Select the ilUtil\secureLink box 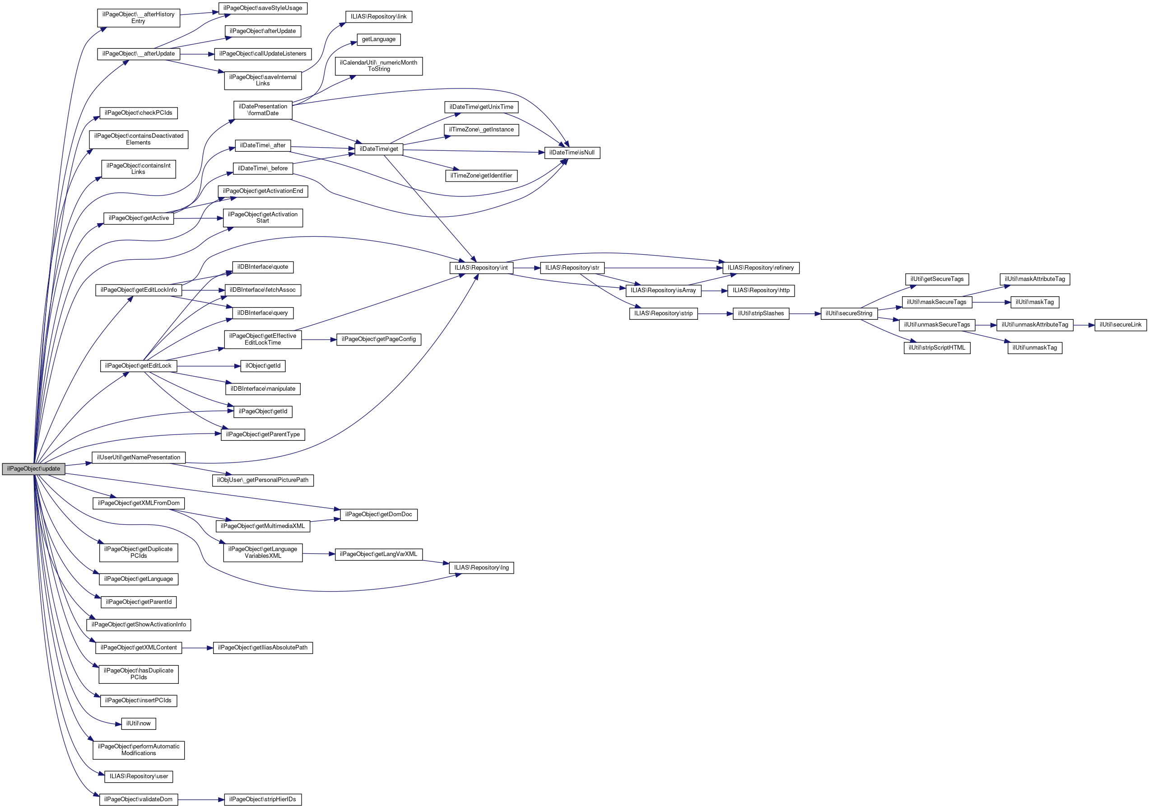pos(1121,325)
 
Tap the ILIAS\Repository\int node pos(481,268)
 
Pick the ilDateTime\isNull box pos(572,153)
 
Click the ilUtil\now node pos(139,724)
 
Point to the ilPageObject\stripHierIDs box pos(263,799)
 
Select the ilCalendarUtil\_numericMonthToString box pos(378,66)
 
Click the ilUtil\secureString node pos(849,313)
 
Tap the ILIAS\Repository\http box pos(761,290)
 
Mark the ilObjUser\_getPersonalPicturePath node pos(263,480)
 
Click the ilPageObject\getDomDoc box pos(378,514)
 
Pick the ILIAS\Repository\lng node pos(481,568)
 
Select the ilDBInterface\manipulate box pos(263,389)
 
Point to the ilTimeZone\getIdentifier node pos(481,176)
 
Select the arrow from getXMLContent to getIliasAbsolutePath pos(197,648)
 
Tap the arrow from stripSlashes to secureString pos(805,314)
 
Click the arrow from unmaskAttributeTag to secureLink pos(1084,325)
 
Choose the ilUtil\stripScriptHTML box pos(937,348)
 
